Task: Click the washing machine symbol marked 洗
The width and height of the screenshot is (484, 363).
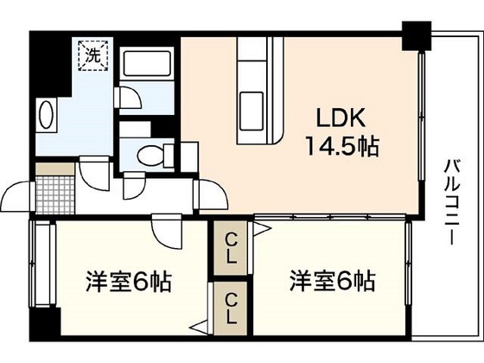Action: point(91,54)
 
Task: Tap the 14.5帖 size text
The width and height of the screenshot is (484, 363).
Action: point(339,145)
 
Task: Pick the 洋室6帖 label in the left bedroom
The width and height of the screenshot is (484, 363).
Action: point(127,282)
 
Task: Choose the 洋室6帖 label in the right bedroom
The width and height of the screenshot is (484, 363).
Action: point(332,282)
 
